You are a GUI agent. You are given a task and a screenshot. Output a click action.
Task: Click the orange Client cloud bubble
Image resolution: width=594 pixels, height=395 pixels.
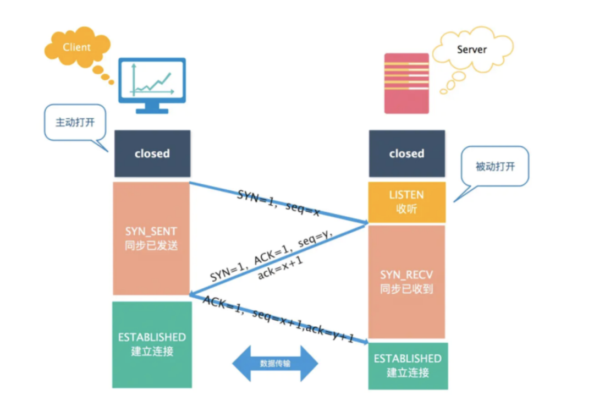pos(76,48)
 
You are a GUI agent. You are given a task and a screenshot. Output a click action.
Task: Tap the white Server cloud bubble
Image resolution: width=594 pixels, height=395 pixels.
pos(472,50)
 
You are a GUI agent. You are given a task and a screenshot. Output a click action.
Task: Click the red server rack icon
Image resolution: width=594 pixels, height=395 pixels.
pos(406,83)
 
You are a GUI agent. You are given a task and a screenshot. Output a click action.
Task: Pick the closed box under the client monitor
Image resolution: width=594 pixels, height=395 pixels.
pos(152,153)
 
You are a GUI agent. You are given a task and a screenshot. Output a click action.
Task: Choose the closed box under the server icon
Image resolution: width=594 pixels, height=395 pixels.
pos(406,153)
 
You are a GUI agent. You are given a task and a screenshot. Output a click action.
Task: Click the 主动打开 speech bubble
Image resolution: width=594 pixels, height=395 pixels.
pos(75,122)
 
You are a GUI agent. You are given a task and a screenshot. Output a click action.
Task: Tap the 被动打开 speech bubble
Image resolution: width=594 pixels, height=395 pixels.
pos(495,166)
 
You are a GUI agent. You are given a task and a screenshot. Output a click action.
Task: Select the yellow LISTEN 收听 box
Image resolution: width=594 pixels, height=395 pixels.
pos(406,202)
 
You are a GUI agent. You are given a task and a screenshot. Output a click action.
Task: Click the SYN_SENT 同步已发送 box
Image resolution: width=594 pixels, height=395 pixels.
pos(151,239)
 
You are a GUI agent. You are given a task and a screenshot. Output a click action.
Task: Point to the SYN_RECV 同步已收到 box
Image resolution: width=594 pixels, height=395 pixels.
pos(406,281)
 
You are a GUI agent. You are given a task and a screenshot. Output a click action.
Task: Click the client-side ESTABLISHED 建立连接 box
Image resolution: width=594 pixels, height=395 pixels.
pos(152,344)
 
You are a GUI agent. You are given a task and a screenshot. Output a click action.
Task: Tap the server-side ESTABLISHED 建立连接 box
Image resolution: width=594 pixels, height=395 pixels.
pos(408,365)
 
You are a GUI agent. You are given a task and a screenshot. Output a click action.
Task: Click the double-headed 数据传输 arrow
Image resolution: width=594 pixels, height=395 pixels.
pos(275,364)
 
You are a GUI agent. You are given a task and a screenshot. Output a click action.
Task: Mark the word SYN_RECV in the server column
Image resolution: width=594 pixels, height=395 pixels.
pos(406,275)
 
